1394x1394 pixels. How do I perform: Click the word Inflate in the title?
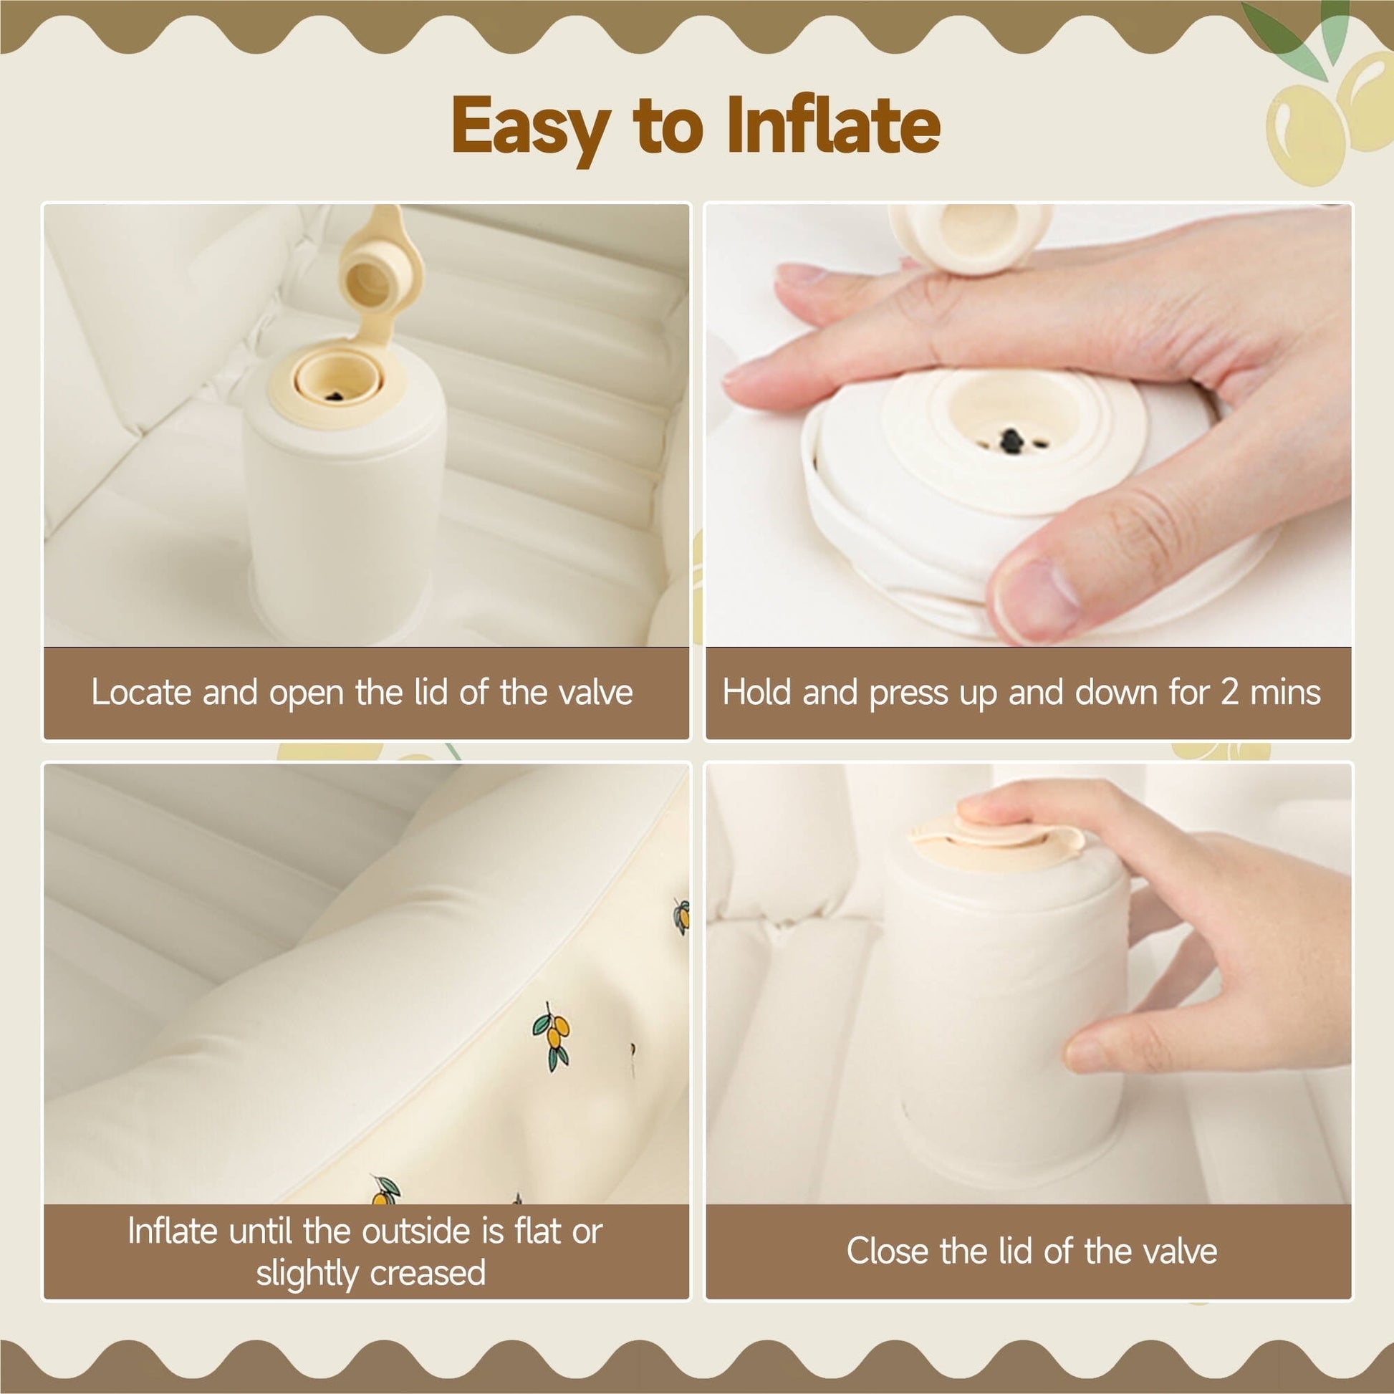[x=833, y=125]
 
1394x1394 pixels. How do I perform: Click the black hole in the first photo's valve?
[x=334, y=395]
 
